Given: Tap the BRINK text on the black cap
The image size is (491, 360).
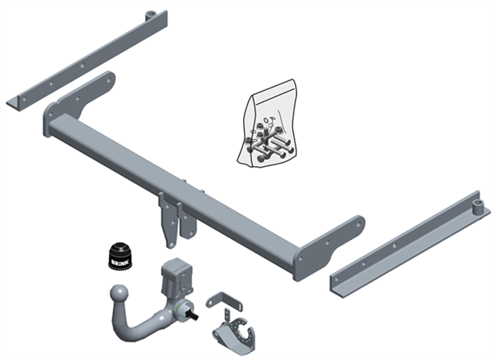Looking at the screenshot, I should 119,260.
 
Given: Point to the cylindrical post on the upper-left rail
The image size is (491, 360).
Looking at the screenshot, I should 151,16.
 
